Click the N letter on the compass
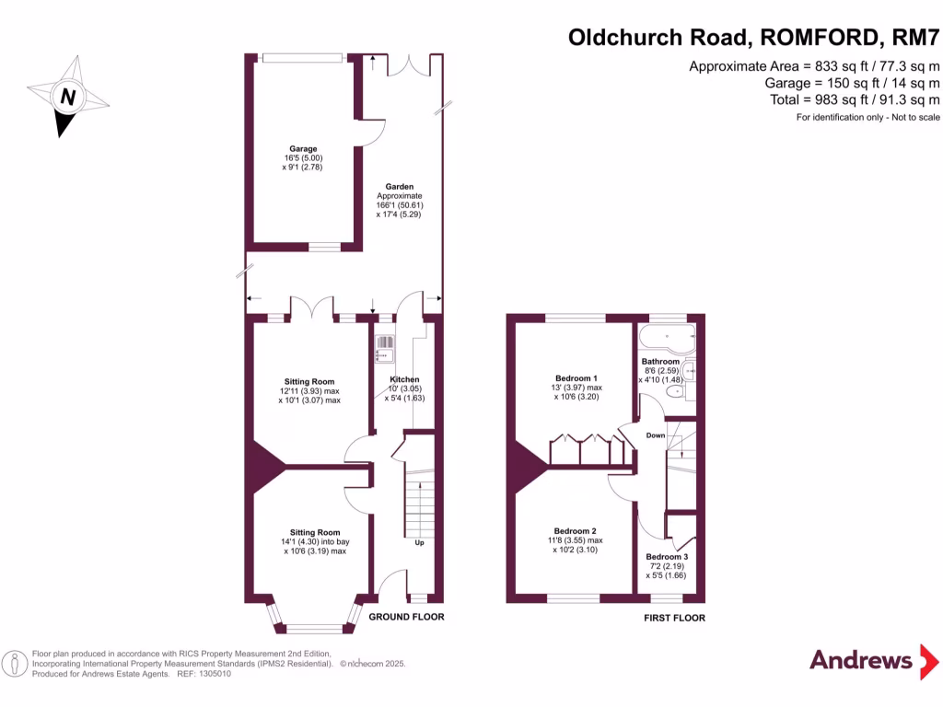point(68,96)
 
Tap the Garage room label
point(303,148)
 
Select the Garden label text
point(400,186)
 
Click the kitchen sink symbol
point(384,349)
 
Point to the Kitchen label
point(405,379)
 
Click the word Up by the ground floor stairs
point(419,542)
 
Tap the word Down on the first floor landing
point(656,435)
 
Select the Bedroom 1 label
point(576,378)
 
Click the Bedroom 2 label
point(575,531)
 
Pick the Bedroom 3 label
point(667,557)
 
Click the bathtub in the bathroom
point(667,340)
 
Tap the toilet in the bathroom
point(676,392)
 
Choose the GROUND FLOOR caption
point(406,617)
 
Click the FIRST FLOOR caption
point(674,618)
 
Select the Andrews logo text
point(861,660)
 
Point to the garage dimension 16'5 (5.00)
point(303,158)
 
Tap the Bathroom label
point(660,361)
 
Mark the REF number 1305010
point(215,674)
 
